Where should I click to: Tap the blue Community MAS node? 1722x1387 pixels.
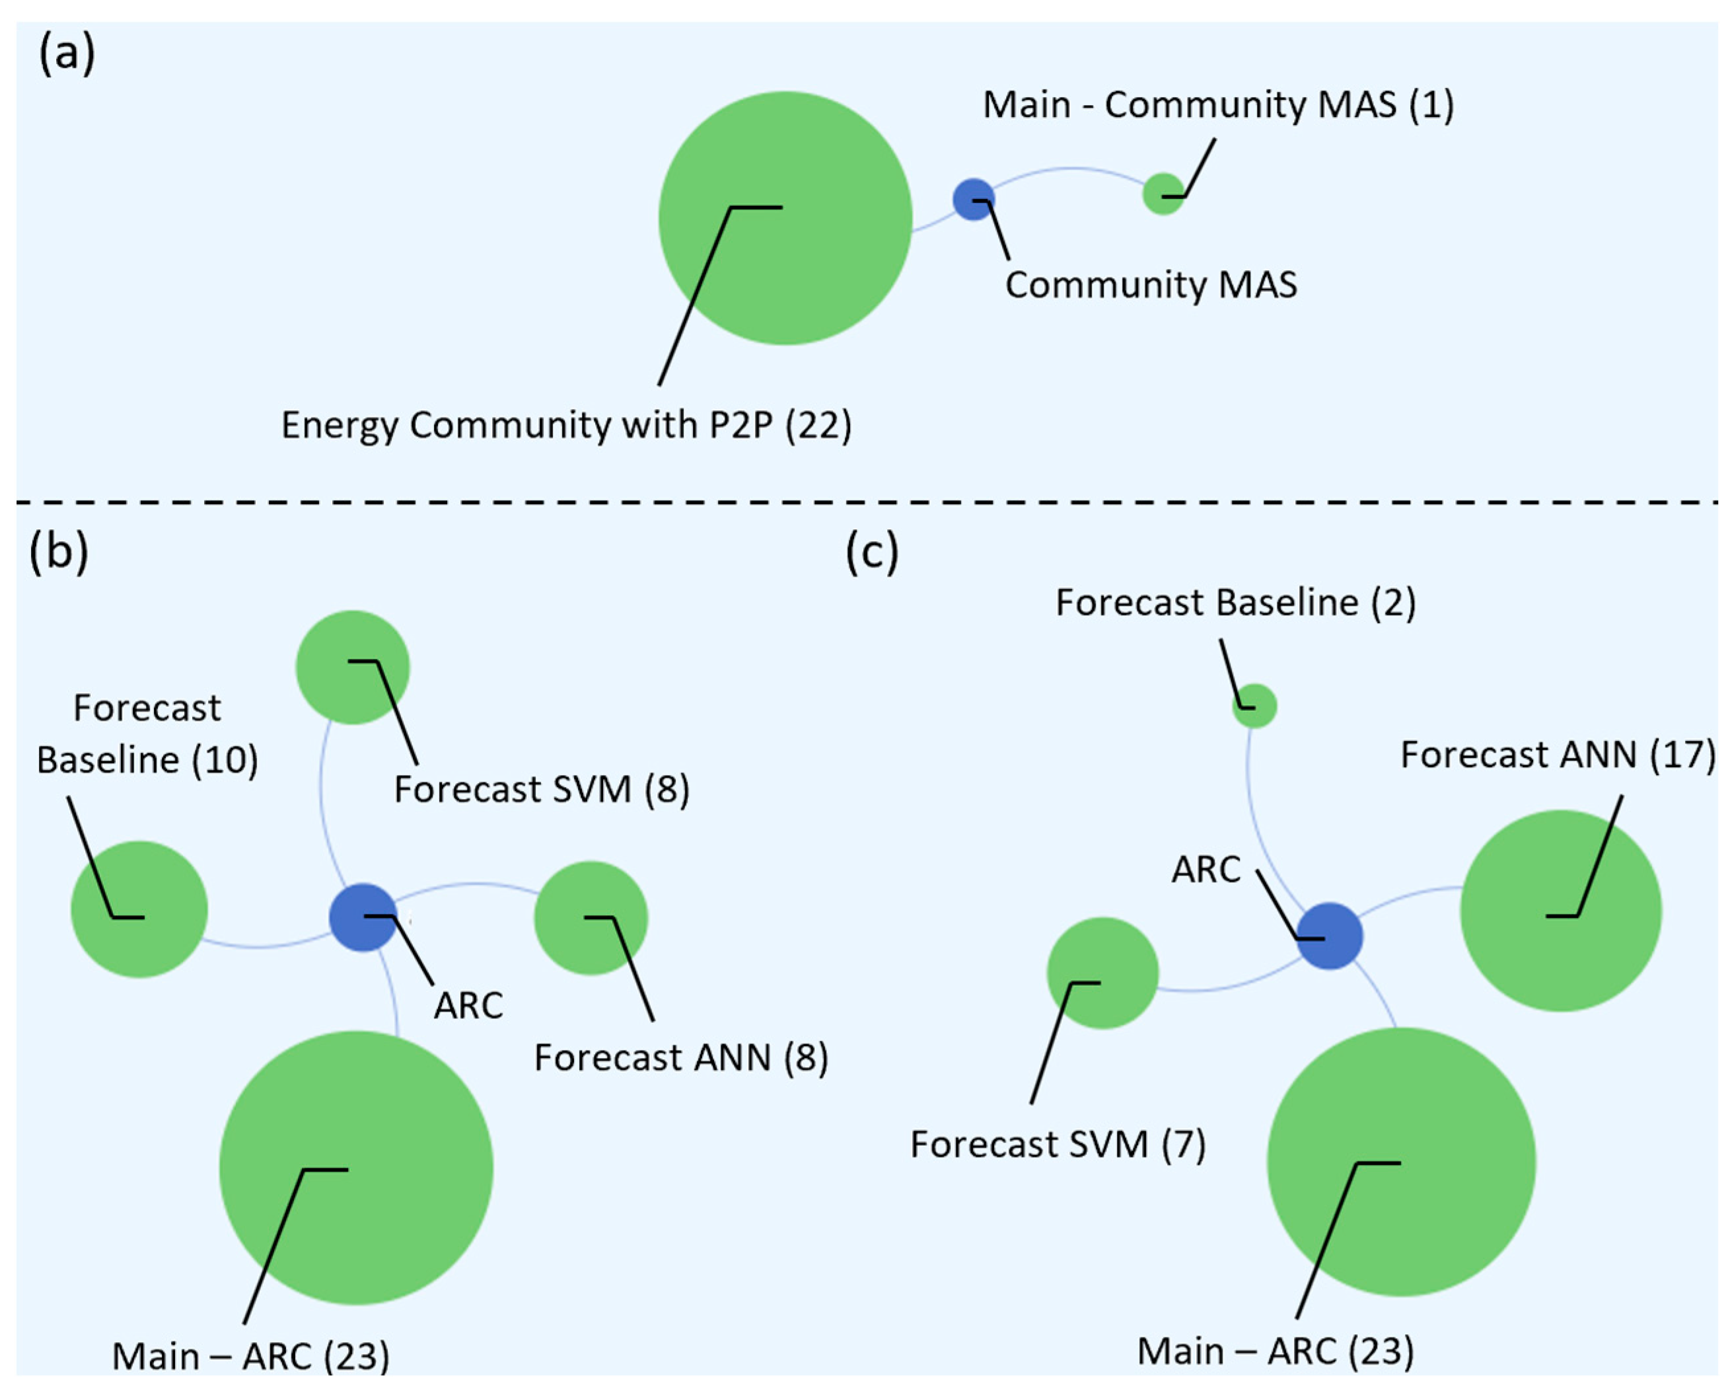pos(974,199)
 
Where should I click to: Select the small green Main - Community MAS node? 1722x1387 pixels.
pos(1163,194)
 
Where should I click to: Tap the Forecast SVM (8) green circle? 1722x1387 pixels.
pos(352,667)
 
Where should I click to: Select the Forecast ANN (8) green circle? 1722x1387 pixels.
pos(591,917)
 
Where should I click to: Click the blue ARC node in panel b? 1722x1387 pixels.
pos(363,917)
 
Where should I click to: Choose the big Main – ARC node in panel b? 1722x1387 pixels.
pos(356,1168)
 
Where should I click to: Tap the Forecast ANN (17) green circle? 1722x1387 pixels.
pos(1561,911)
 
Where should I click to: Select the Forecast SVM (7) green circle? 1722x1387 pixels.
pos(1102,973)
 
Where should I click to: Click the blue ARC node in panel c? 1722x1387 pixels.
pos(1329,936)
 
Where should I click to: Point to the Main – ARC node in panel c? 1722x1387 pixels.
pos(1401,1162)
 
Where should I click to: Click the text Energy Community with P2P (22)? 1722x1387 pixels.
pos(566,426)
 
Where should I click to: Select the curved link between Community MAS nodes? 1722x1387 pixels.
pos(1070,169)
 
